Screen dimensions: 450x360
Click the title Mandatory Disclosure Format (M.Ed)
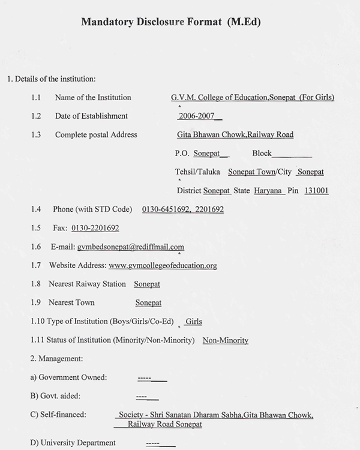(x=171, y=22)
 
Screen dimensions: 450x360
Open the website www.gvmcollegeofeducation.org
(x=163, y=265)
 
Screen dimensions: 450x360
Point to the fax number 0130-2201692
(x=95, y=228)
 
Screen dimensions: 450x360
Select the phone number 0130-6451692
(x=166, y=209)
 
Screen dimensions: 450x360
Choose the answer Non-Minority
(x=225, y=340)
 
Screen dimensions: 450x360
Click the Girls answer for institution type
(x=193, y=322)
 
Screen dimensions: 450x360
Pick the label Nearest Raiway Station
(x=87, y=284)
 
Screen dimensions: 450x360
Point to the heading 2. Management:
(x=56, y=359)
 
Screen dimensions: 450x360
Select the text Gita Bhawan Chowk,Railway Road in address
(x=235, y=134)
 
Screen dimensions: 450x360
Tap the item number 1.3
(x=36, y=134)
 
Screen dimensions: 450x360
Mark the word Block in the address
(x=262, y=154)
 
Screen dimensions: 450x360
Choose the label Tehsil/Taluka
(x=197, y=172)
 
